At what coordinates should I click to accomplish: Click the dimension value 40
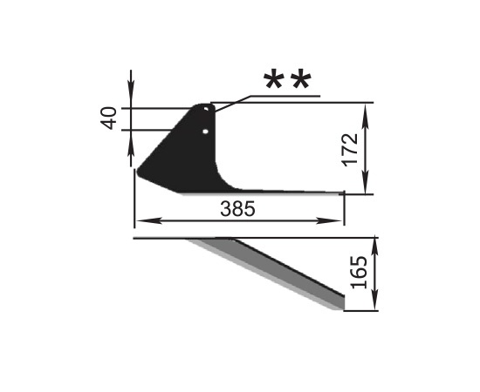tap(109, 118)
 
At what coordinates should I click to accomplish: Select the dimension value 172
tap(350, 150)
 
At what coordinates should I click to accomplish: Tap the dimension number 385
tap(237, 209)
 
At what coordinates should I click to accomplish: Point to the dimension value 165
tap(359, 273)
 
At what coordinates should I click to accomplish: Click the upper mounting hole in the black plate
tap(206, 109)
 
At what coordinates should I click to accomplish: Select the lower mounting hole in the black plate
tap(205, 132)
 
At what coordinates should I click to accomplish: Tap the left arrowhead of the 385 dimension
tap(148, 220)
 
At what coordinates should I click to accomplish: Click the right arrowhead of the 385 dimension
tap(329, 220)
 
